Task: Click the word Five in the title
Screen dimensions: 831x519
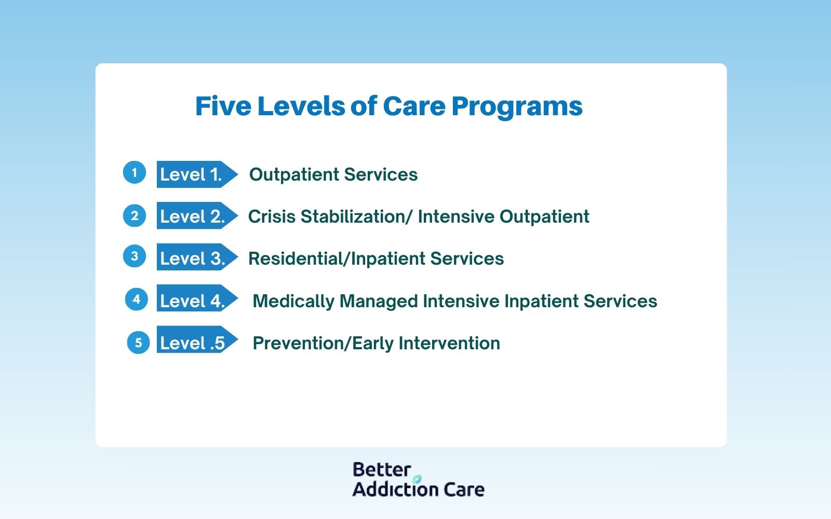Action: point(223,106)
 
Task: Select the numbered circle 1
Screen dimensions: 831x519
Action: point(135,172)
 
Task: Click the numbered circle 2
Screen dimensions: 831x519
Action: point(135,216)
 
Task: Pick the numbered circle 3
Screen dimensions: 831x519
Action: point(135,256)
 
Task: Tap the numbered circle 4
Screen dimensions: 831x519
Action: point(137,299)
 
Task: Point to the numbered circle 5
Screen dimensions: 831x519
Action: point(138,342)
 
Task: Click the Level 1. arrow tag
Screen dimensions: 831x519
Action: point(197,174)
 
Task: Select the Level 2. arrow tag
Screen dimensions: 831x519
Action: point(197,215)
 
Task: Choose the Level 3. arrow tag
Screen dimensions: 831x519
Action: point(197,257)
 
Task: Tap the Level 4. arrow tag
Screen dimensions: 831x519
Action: point(197,298)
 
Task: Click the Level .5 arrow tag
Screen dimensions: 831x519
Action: point(197,339)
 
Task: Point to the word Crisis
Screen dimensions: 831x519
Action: point(272,216)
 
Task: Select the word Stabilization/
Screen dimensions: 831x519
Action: point(356,216)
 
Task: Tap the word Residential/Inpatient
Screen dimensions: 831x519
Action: point(337,259)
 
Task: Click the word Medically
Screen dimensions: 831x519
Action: point(293,301)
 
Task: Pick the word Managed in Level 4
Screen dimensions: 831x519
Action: point(379,302)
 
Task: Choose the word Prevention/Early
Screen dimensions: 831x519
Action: point(323,343)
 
